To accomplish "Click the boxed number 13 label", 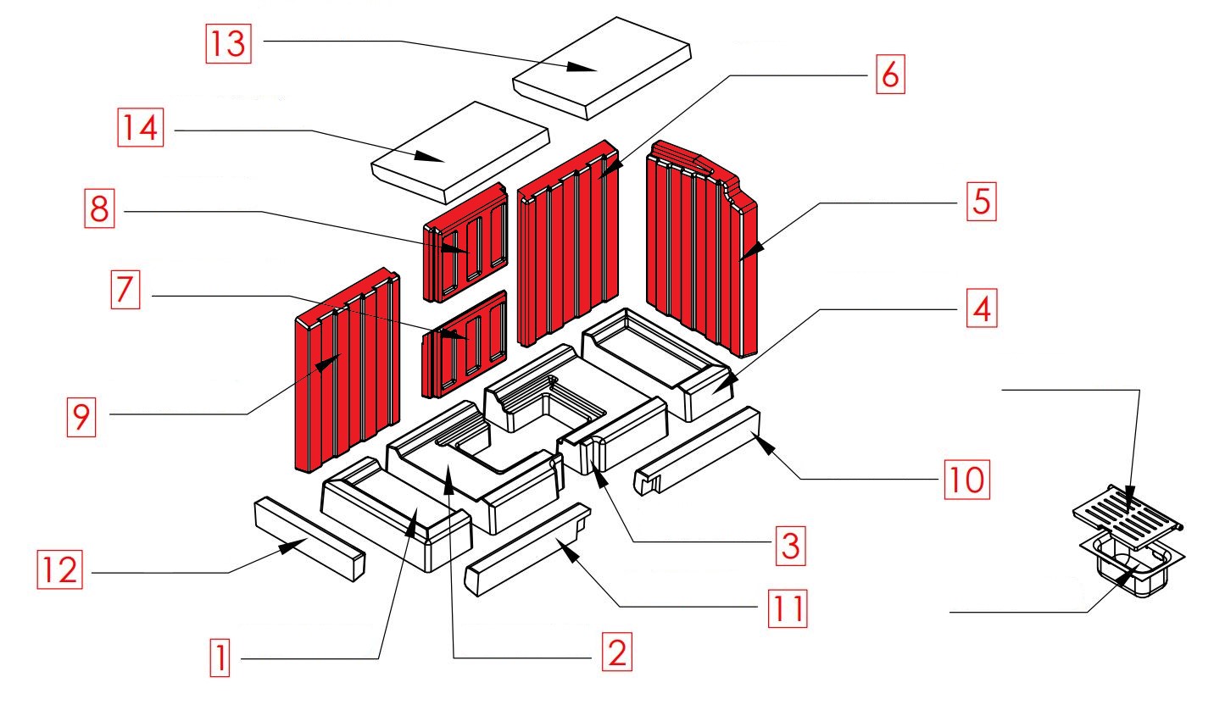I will point(231,41).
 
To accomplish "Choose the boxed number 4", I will point(978,309).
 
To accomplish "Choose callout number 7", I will point(124,295).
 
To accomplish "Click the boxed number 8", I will point(100,210).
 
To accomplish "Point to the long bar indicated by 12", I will point(309,538).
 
